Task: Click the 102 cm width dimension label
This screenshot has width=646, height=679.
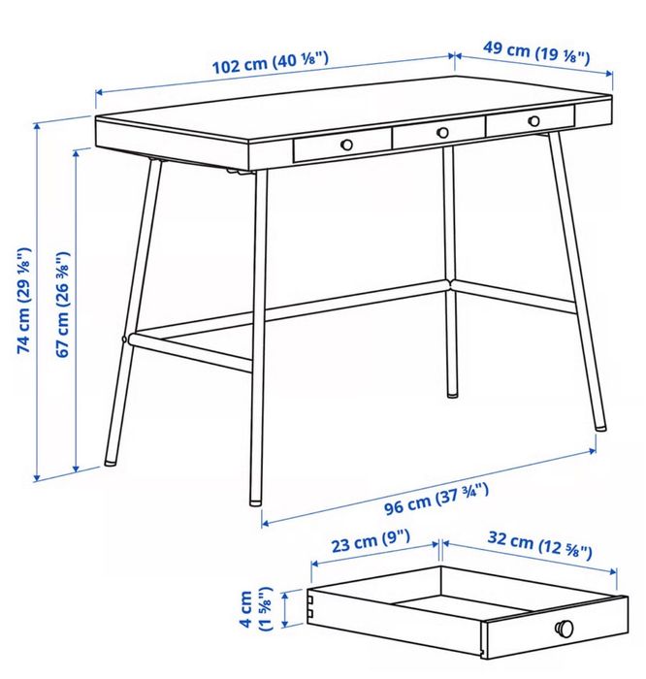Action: coord(272,65)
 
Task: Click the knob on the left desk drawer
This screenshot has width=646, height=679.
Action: coord(345,145)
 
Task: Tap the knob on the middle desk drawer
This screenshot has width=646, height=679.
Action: coord(442,132)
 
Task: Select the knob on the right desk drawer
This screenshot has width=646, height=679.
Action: coord(533,121)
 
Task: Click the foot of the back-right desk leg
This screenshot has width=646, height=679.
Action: coord(452,395)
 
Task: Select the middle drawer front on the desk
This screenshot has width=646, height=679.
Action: coord(438,136)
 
